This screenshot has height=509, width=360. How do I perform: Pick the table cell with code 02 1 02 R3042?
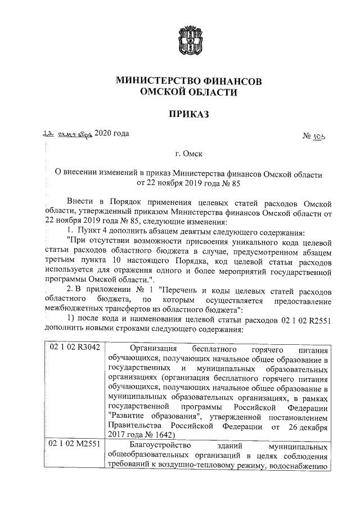coord(74,348)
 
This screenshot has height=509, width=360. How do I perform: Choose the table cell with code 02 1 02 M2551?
coord(74,444)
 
